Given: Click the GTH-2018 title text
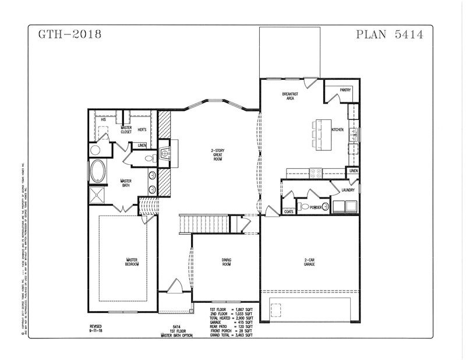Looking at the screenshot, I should point(70,34).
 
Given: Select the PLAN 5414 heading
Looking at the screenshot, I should point(389,34).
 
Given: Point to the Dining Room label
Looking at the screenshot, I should point(225,262).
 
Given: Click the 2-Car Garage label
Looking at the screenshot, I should point(309,262).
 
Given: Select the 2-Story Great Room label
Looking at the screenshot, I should point(218,154).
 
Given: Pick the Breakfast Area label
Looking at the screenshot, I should point(290,96).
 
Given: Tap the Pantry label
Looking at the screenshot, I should point(345,90).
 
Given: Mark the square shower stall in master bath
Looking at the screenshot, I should point(97,194).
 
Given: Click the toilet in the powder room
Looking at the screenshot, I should point(305,206).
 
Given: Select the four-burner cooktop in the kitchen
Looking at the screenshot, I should point(316,172).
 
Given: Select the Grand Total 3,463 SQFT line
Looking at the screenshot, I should point(232,336).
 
